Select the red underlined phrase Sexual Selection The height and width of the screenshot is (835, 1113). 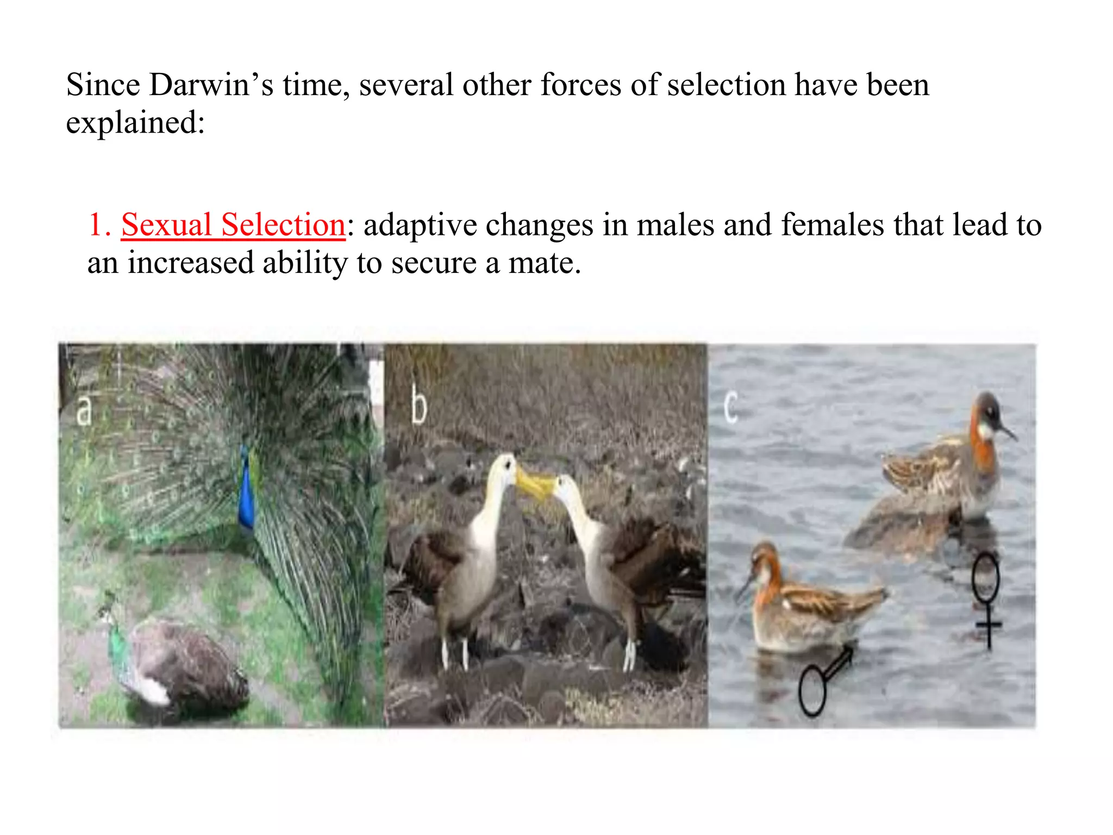(x=233, y=225)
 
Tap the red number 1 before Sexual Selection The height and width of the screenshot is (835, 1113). (x=96, y=225)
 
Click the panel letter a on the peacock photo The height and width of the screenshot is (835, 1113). (x=84, y=411)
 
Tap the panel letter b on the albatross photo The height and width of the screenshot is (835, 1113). (x=418, y=406)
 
